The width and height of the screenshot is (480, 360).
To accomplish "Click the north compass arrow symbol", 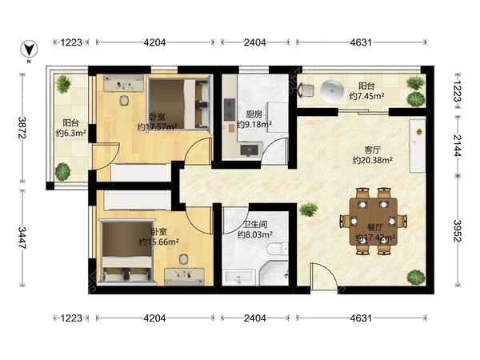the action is [29, 50].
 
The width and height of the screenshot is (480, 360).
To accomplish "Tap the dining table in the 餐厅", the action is [374, 222].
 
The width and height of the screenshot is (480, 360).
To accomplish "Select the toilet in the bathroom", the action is [278, 248].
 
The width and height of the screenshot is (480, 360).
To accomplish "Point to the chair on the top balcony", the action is [306, 90].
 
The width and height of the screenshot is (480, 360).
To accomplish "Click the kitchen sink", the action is [250, 150].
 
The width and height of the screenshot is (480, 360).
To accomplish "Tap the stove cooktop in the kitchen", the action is [230, 110].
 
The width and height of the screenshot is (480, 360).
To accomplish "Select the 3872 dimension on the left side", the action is [22, 127].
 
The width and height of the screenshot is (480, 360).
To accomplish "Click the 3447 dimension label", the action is [22, 238].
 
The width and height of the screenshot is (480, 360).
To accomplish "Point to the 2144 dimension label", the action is [458, 146].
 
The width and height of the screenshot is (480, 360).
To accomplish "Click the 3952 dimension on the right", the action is [458, 230].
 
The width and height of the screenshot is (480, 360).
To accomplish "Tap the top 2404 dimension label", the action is [255, 42].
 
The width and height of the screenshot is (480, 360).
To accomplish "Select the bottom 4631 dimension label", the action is [362, 318].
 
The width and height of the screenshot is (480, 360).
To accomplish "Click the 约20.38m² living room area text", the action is [373, 160].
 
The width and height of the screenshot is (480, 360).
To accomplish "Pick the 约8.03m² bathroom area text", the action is [255, 234].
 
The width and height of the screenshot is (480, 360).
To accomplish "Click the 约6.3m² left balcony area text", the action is [70, 134].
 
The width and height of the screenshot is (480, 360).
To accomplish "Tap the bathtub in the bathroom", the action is [238, 278].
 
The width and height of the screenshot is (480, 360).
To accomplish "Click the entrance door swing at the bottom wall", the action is [323, 276].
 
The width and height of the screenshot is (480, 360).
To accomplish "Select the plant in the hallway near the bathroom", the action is [309, 209].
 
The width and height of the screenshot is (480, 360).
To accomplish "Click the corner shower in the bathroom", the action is [274, 274].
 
